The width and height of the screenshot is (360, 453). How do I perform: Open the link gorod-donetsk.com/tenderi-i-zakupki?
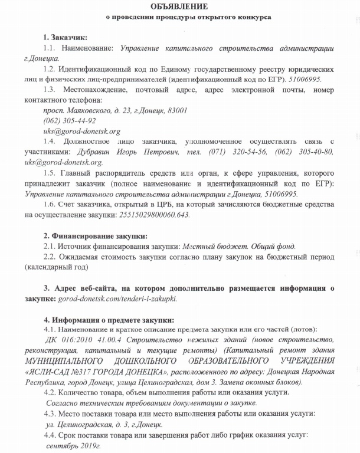[x=117, y=299]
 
